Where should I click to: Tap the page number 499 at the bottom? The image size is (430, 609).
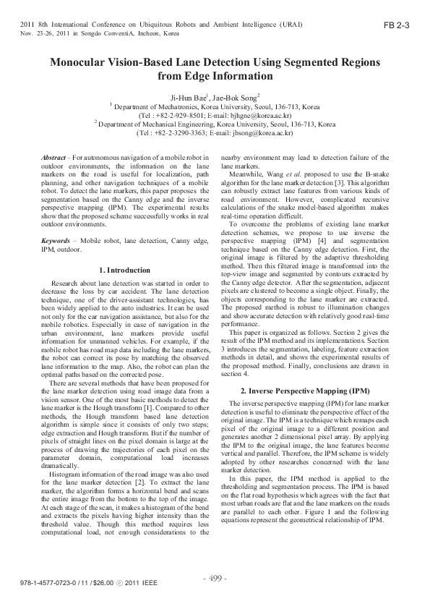coord(215,579)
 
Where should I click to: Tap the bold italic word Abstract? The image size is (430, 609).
coord(53,157)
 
